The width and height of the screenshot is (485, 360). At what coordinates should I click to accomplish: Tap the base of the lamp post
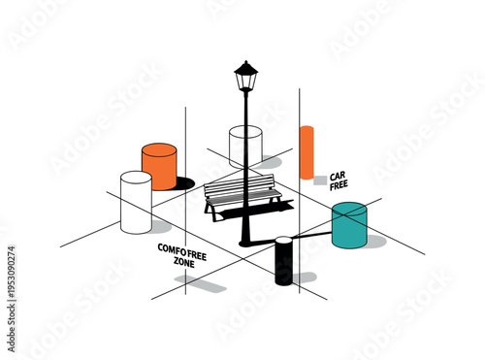pyautogui.click(x=245, y=236)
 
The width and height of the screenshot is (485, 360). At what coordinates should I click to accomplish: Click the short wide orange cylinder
pyautogui.click(x=159, y=166)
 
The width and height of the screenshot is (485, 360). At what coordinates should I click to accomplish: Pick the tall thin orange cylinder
pyautogui.click(x=307, y=152)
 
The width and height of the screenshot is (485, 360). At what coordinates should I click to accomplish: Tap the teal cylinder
pyautogui.click(x=348, y=226)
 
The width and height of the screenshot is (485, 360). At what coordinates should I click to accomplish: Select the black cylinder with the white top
pyautogui.click(x=283, y=261)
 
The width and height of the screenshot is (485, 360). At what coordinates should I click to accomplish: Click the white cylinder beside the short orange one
pyautogui.click(x=136, y=203)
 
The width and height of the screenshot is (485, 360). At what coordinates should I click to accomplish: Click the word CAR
pyautogui.click(x=338, y=176)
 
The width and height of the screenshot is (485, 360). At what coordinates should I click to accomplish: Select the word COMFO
pyautogui.click(x=172, y=248)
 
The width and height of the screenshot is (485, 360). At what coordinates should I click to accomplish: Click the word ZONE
pyautogui.click(x=183, y=262)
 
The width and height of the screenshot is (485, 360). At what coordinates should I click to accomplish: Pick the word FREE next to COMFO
pyautogui.click(x=197, y=248)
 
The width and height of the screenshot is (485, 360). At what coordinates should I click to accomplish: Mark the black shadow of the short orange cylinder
pyautogui.click(x=183, y=182)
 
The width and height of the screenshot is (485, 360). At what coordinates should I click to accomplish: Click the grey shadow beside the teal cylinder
pyautogui.click(x=373, y=241)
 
